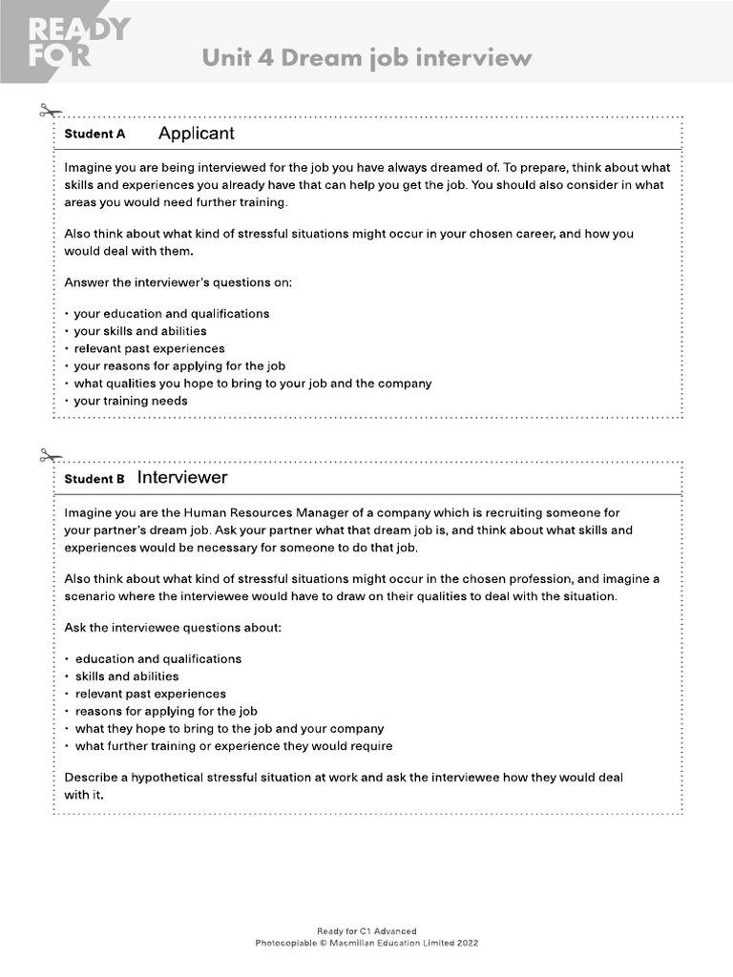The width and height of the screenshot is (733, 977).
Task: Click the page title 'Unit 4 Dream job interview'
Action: click(366, 58)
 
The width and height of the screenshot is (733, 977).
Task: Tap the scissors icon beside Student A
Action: click(50, 112)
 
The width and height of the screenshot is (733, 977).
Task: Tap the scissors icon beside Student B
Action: click(50, 455)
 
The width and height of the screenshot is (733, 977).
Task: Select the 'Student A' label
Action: click(94, 135)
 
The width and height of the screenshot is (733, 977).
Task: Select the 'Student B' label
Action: click(94, 479)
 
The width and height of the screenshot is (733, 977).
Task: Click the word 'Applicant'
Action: click(196, 134)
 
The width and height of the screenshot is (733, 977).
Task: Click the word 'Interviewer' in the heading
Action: click(182, 477)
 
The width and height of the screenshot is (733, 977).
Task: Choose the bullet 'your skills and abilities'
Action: click(139, 331)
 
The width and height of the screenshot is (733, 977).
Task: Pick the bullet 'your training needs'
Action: click(131, 401)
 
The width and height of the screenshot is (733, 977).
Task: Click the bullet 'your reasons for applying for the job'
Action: click(179, 365)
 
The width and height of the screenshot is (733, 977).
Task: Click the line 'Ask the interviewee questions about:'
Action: click(173, 628)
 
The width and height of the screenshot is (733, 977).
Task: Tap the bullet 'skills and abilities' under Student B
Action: click(127, 676)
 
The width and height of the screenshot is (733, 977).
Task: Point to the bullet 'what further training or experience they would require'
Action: click(234, 746)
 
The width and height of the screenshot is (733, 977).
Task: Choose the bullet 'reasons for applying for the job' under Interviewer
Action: click(166, 711)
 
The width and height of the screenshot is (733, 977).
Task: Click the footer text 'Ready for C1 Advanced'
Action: click(366, 931)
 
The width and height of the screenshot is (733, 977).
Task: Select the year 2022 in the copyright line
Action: click(465, 943)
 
